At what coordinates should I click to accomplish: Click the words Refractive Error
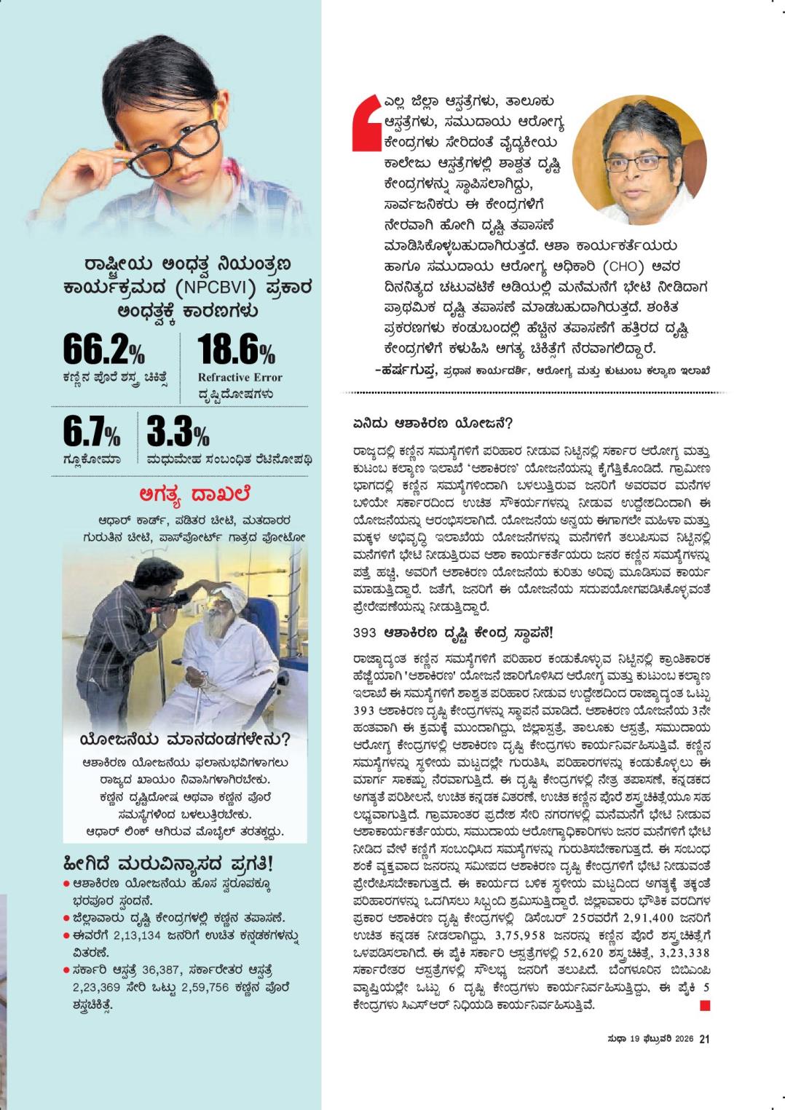click(240, 377)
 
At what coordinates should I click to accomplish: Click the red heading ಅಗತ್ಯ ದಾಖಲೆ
click(194, 494)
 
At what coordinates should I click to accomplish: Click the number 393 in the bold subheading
click(364, 632)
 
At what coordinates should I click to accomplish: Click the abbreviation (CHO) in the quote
click(622, 266)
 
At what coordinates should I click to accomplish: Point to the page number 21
click(704, 1039)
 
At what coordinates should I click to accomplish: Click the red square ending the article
click(704, 1006)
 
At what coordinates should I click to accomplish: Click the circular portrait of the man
click(639, 160)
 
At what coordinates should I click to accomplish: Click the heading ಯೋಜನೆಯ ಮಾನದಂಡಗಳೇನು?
click(185, 740)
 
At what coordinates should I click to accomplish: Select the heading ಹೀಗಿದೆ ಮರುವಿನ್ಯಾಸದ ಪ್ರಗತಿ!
click(169, 864)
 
